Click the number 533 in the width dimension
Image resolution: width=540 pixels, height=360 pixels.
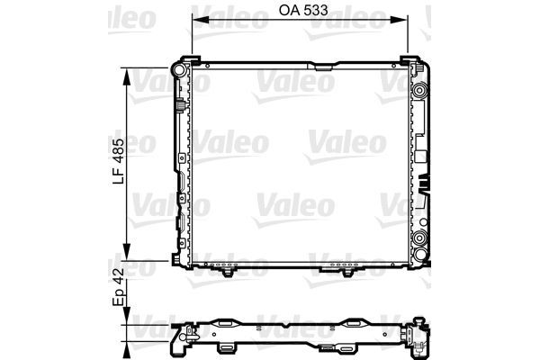pyautogui.click(x=316, y=10)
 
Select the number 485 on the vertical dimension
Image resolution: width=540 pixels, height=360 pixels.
pyautogui.click(x=119, y=151)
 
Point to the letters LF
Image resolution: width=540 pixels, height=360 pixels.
pyautogui.click(x=119, y=175)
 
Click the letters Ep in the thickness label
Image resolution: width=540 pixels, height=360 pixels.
pyautogui.click(x=119, y=298)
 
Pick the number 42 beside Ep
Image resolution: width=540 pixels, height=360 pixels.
pyautogui.click(x=119, y=278)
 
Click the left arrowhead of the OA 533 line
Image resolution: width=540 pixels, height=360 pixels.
pyautogui.click(x=201, y=20)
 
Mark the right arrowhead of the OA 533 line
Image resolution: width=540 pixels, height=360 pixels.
pyautogui.click(x=399, y=20)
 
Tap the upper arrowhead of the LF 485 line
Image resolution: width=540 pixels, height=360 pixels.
pyautogui.click(x=127, y=76)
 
